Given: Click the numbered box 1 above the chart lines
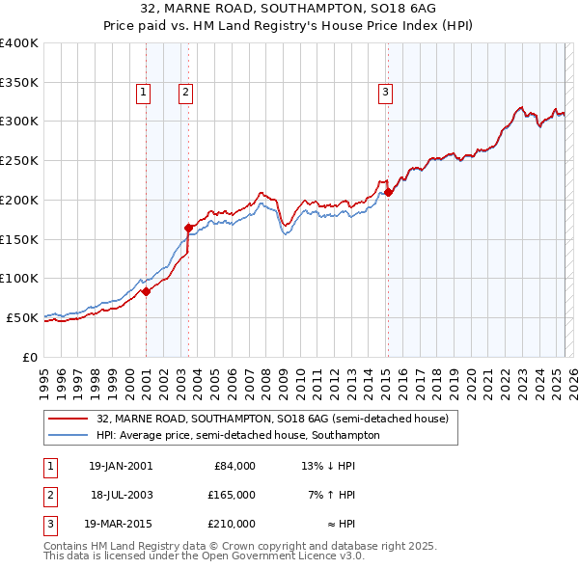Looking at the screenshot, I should (143, 93).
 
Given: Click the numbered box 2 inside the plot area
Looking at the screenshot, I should (184, 93).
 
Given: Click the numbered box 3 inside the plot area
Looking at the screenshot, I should (385, 93).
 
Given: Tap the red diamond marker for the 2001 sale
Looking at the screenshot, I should (146, 291).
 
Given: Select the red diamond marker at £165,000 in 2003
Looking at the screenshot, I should (188, 228).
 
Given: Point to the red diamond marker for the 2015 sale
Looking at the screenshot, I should (388, 192).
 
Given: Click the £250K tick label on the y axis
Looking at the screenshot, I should (19, 160).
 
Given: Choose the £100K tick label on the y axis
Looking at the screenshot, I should (19, 278).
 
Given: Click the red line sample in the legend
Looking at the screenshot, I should (68, 420).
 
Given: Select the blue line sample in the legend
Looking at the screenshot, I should (68, 435).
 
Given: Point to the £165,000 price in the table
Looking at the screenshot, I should (233, 495).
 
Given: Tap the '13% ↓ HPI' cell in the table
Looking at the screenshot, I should (329, 466).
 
